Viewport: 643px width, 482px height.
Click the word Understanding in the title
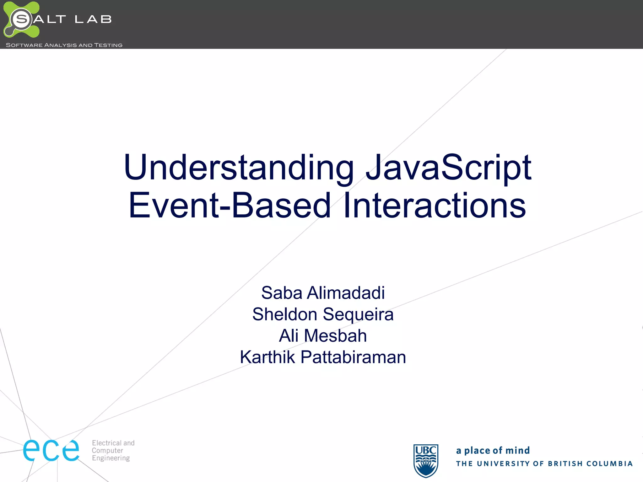(x=239, y=168)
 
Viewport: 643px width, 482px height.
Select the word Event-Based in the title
(x=230, y=206)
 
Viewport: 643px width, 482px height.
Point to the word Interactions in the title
(x=435, y=206)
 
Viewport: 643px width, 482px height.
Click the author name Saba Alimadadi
(x=323, y=293)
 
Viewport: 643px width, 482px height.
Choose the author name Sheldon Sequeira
(x=323, y=314)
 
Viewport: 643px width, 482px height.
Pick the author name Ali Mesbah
(x=323, y=335)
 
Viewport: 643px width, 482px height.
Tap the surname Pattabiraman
(x=353, y=357)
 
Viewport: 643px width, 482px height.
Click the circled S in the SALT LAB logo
(x=21, y=19)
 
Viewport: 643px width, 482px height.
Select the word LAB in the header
(x=93, y=19)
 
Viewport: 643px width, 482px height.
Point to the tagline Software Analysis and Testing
(x=64, y=45)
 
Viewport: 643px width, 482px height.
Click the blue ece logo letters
(x=51, y=450)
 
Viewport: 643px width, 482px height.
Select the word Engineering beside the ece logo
(x=111, y=458)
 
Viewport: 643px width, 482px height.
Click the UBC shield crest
(x=426, y=460)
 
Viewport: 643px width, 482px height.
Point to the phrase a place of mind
(x=493, y=450)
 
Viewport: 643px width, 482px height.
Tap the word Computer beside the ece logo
(x=107, y=450)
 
